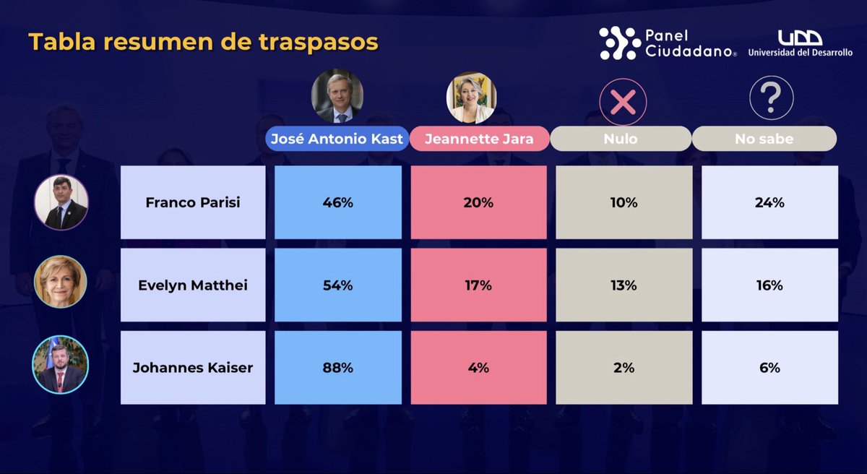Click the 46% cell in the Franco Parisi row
[x=337, y=203]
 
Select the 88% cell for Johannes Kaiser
[x=337, y=368]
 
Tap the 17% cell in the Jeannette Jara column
[x=478, y=285]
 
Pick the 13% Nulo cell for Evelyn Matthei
[x=623, y=285]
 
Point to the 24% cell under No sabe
[x=769, y=203]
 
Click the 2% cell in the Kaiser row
[x=623, y=368]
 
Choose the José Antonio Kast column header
[x=336, y=139]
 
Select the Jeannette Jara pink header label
[x=478, y=139]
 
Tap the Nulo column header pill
[x=621, y=139]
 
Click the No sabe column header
[x=764, y=139]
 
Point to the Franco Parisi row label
[x=193, y=203]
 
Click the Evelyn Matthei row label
[x=193, y=285]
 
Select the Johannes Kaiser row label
[x=193, y=368]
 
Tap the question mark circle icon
[x=771, y=98]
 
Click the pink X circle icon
[x=623, y=102]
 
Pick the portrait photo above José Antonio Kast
[x=337, y=96]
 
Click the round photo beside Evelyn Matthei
[x=61, y=282]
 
